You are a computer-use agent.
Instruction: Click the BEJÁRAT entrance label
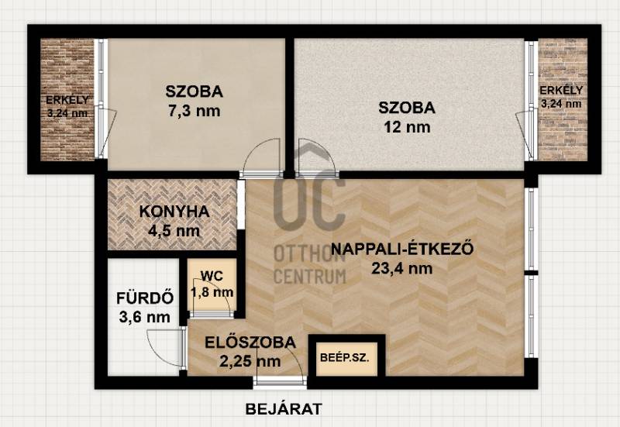[284, 409]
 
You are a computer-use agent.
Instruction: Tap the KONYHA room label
[174, 212]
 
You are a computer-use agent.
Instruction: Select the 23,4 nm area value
[401, 268]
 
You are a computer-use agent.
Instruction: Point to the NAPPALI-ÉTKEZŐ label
[401, 249]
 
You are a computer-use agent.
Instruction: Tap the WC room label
[212, 276]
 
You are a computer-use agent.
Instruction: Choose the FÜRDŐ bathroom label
[145, 298]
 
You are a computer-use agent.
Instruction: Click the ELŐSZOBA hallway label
[250, 342]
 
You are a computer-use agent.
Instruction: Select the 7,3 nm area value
[195, 111]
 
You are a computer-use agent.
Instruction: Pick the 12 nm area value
[407, 127]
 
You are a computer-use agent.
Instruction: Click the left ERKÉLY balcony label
[67, 100]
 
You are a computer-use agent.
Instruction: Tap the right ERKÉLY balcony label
[561, 90]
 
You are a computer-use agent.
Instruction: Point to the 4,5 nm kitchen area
[174, 230]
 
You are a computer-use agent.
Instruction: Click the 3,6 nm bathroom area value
[145, 317]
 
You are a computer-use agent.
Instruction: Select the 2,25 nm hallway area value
[250, 360]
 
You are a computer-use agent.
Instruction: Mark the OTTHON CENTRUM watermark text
[310, 265]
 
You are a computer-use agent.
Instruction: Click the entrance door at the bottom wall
[280, 381]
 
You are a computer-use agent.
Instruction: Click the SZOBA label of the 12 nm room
[407, 108]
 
